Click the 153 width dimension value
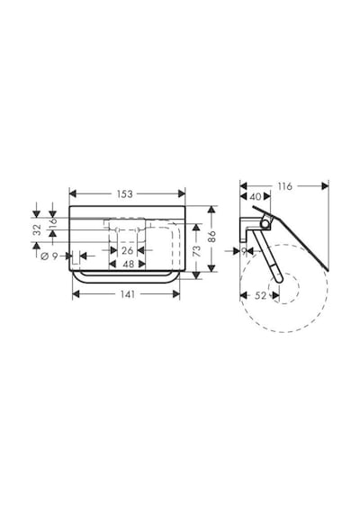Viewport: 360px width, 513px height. (x=125, y=194)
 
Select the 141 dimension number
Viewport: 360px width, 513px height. (x=127, y=294)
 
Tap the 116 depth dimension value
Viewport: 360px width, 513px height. (x=284, y=186)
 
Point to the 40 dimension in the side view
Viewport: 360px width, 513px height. (x=256, y=196)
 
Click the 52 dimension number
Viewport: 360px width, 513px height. (x=260, y=295)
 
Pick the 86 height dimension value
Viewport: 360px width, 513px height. (x=212, y=236)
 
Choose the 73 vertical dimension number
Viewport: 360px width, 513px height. (x=198, y=251)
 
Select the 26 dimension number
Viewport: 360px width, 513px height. (x=127, y=251)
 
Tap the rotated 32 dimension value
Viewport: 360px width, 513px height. (x=37, y=229)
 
